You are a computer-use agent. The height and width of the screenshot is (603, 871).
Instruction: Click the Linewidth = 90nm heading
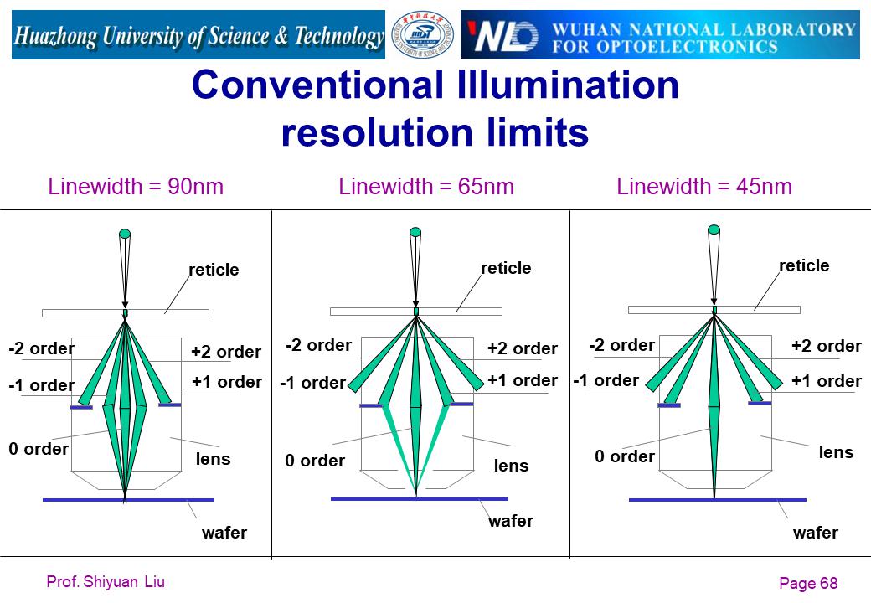click(136, 187)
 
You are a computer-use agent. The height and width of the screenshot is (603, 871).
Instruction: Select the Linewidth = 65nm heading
click(426, 187)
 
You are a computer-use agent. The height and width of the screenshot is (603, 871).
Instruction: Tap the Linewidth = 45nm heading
click(704, 187)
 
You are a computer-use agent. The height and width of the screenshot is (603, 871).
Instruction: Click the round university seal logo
click(423, 35)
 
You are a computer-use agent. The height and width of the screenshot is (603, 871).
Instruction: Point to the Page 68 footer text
click(808, 583)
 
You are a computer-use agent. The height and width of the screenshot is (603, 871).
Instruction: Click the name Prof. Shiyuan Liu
click(106, 581)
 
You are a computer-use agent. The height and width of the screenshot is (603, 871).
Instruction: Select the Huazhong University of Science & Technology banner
click(198, 35)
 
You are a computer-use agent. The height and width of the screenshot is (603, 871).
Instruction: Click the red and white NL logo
click(502, 36)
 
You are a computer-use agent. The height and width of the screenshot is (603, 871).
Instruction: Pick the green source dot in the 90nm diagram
click(125, 234)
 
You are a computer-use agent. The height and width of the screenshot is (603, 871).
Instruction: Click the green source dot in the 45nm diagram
click(714, 229)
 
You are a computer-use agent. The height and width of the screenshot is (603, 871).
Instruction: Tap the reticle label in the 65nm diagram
click(506, 268)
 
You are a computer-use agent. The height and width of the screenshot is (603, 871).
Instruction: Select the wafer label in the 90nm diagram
click(224, 533)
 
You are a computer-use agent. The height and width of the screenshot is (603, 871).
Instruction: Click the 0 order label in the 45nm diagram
click(625, 456)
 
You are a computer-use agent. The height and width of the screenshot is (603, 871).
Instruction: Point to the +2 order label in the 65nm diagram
click(523, 348)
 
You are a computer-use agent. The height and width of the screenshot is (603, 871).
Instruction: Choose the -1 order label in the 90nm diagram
click(42, 384)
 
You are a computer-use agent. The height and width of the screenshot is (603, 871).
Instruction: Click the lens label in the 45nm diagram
click(836, 452)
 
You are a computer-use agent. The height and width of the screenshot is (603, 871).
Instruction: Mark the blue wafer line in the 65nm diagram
click(420, 499)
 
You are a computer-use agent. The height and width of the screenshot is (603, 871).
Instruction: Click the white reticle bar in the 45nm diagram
click(714, 310)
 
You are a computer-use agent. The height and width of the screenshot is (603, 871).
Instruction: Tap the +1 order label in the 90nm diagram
click(227, 382)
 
